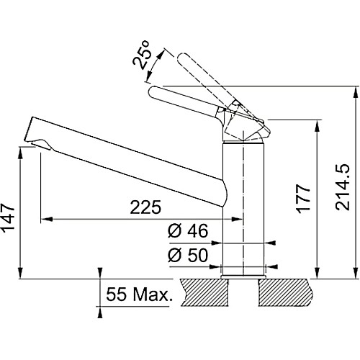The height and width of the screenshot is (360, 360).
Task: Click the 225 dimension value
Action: tap(145, 207)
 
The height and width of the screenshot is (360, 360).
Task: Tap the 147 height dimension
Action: tap(9, 219)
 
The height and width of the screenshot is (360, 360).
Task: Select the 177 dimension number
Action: tap(303, 199)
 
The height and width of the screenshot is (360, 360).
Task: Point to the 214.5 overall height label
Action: tap(342, 187)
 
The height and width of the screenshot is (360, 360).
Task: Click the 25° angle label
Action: tap(141, 55)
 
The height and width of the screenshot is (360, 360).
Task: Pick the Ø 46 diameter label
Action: tap(188, 231)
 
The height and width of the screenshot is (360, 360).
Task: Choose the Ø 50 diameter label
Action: tap(188, 255)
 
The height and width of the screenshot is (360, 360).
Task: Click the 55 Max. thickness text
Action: tap(139, 294)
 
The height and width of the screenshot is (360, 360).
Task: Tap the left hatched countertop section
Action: tap(204, 292)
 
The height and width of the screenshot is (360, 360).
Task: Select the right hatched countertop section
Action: tap(286, 292)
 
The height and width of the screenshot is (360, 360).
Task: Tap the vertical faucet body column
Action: tap(243, 209)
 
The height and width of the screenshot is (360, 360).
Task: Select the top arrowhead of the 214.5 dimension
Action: tap(355, 91)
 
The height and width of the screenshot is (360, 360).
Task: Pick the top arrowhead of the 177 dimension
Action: tap(318, 125)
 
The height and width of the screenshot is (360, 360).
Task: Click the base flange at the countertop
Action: tap(243, 277)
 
